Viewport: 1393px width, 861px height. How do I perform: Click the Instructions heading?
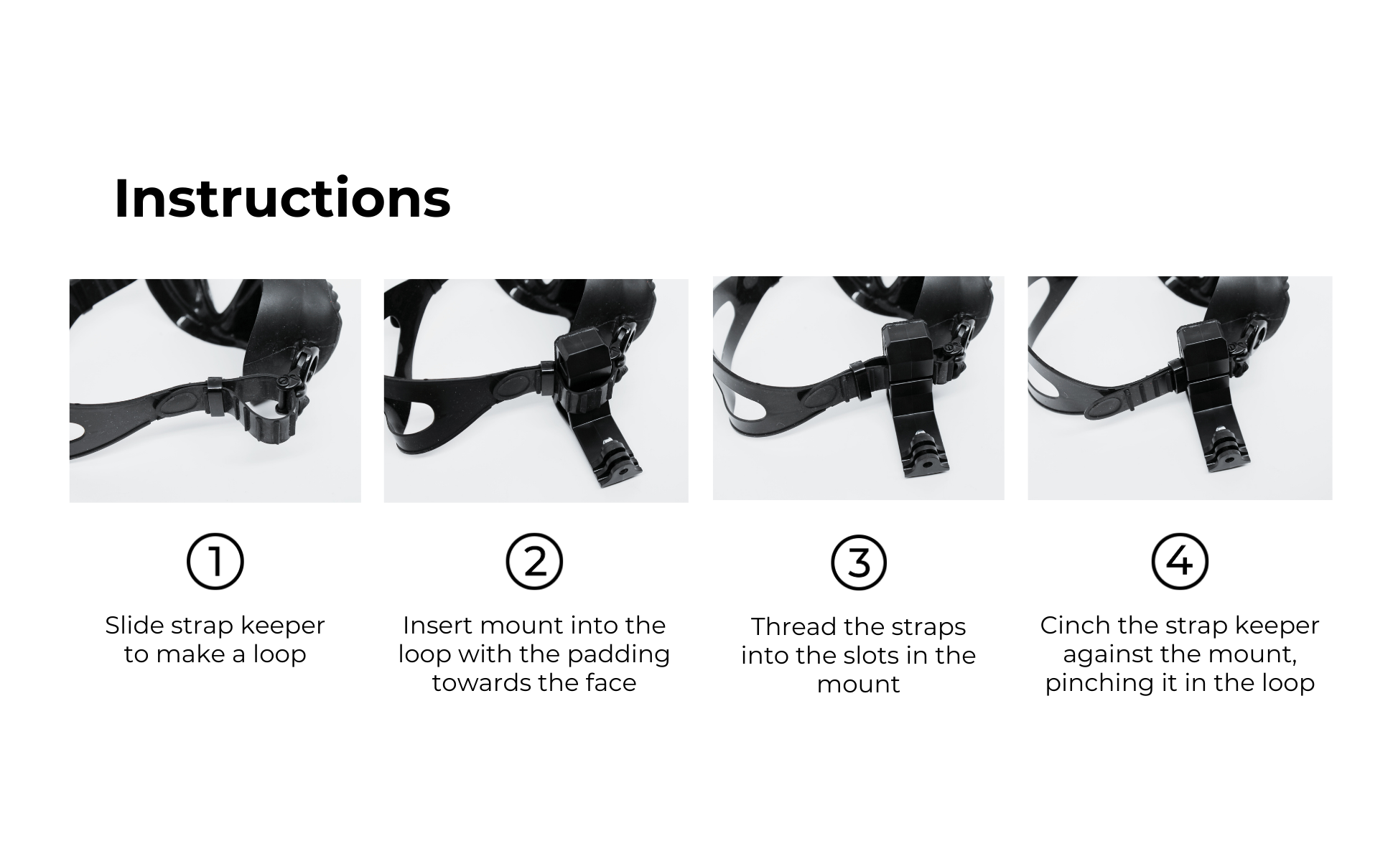point(282,198)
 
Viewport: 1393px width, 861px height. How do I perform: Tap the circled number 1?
point(215,562)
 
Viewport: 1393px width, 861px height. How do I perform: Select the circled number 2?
point(534,562)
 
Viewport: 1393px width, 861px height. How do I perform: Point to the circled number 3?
point(859,562)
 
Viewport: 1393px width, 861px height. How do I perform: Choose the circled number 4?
point(1180,562)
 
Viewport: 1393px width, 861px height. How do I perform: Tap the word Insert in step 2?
point(437,625)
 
